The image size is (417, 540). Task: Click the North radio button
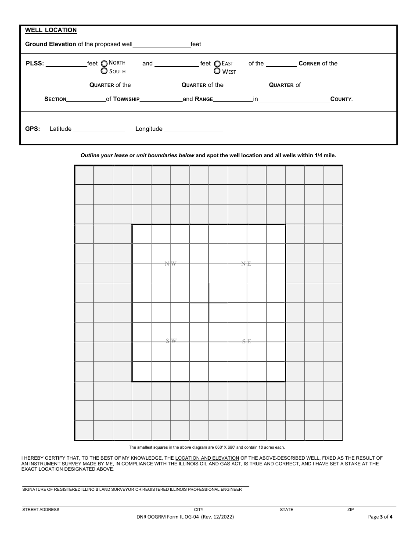click(104, 63)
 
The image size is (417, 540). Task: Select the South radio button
click(104, 71)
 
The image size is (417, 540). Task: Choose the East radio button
click(217, 64)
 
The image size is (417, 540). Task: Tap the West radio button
click(217, 71)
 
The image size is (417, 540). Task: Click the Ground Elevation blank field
click(161, 44)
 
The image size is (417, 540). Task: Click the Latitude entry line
click(99, 129)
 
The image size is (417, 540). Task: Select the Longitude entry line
click(193, 129)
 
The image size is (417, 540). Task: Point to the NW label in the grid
click(171, 263)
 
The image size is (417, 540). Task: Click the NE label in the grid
click(246, 263)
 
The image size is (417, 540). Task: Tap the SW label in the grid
click(171, 341)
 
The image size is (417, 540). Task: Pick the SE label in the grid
click(247, 341)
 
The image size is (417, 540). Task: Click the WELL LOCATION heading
click(51, 30)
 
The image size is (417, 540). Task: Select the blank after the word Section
click(86, 99)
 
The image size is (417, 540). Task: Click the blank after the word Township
click(161, 99)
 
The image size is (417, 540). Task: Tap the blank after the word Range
click(233, 99)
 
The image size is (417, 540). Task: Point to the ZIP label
click(350, 510)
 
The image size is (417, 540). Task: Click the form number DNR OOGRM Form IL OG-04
click(185, 517)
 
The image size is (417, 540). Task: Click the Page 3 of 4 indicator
click(380, 517)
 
